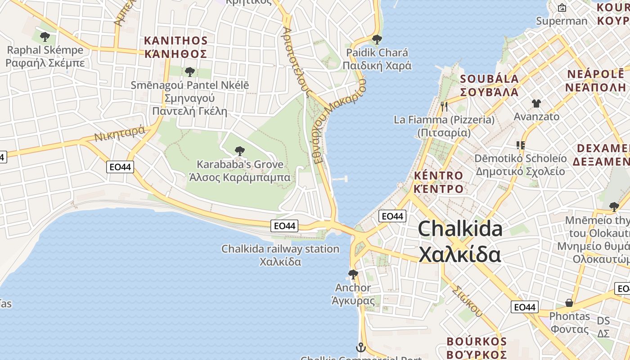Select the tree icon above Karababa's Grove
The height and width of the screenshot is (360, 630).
pos(240,151)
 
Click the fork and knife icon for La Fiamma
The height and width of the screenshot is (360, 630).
pos(444,107)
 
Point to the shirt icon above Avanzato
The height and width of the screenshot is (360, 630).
pos(536,103)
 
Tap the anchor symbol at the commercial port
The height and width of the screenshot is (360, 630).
pos(360,347)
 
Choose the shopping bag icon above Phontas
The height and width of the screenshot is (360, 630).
pos(569,303)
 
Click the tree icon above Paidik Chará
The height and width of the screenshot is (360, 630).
pos(377,39)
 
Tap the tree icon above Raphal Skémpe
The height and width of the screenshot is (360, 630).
pos(45,36)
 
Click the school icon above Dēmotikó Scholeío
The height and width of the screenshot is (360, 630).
pos(521,145)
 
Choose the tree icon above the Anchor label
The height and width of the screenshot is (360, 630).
pos(353,274)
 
